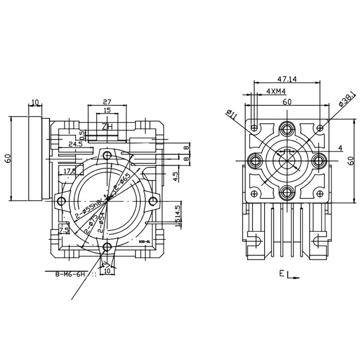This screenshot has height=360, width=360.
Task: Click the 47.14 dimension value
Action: coord(287,79)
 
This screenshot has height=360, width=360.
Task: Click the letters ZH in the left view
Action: coord(107,127)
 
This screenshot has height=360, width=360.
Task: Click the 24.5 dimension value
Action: coord(75,144)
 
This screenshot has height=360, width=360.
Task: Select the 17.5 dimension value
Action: coord(70,171)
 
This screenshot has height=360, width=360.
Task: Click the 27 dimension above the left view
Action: coord(107,101)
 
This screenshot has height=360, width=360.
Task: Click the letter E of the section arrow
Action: coord(281,273)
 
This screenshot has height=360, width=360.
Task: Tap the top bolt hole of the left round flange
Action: coord(107,156)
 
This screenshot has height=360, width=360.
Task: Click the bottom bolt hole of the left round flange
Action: coord(107,246)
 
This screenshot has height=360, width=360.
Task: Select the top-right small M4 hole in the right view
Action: coord(320,127)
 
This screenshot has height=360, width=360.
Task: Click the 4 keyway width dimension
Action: coord(340,148)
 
